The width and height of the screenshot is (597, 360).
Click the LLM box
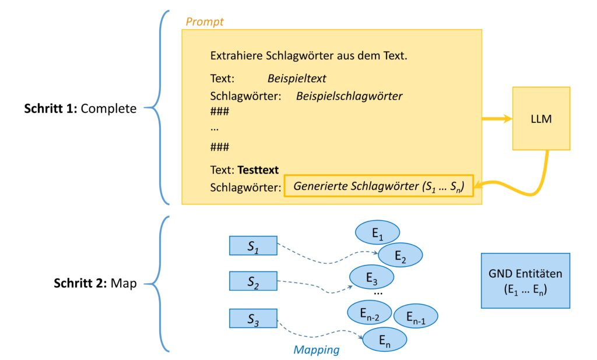540,118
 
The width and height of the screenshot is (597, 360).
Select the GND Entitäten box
525,280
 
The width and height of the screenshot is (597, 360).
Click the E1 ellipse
377,233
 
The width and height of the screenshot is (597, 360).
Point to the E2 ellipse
400,255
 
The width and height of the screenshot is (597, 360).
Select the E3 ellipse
371,277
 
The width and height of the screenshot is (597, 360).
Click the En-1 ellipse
416,316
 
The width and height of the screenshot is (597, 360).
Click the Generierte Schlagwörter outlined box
378,186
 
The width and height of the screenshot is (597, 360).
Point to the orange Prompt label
204,22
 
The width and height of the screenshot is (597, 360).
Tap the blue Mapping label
317,350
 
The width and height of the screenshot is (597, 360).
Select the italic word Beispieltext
297,77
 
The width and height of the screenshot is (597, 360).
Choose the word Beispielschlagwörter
349,96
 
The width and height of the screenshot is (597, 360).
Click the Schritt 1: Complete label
80,108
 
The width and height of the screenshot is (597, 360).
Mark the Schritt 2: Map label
95,284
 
